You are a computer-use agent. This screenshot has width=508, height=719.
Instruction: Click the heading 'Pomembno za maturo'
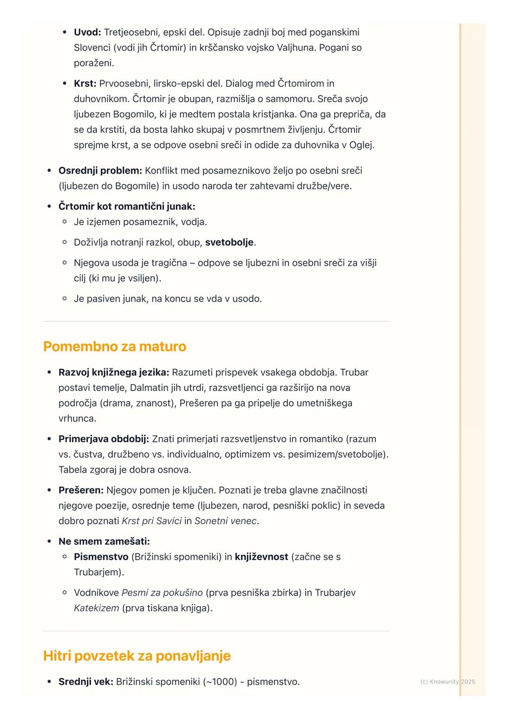tap(114, 346)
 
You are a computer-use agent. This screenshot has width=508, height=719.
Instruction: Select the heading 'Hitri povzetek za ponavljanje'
tap(136, 655)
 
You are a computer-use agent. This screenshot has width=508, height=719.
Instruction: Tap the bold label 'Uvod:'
tap(87, 32)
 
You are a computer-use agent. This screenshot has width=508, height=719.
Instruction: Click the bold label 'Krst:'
tap(85, 83)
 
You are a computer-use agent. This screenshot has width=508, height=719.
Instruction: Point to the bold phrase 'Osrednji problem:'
tap(100, 170)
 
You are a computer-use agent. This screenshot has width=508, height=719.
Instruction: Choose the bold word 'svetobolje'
tap(229, 242)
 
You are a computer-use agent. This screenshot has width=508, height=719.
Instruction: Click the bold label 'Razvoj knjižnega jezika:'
tap(113, 372)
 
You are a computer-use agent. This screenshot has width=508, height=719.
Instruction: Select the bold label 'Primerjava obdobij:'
tap(103, 439)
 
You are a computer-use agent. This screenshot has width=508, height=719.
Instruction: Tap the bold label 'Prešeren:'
tap(80, 490)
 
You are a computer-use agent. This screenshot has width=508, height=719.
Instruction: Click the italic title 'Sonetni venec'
tap(225, 521)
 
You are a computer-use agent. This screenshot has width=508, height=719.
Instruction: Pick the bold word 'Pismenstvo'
tap(101, 557)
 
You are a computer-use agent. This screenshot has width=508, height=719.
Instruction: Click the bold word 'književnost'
tap(262, 557)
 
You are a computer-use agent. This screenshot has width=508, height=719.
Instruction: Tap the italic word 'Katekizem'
tap(96, 608)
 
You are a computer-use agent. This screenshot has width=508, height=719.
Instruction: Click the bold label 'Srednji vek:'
tap(86, 681)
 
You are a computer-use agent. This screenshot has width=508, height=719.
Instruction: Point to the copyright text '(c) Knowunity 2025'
tap(447, 681)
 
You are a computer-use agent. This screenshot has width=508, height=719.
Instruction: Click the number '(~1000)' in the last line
tap(220, 681)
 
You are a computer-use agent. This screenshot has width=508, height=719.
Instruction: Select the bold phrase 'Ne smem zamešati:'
tap(104, 541)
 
